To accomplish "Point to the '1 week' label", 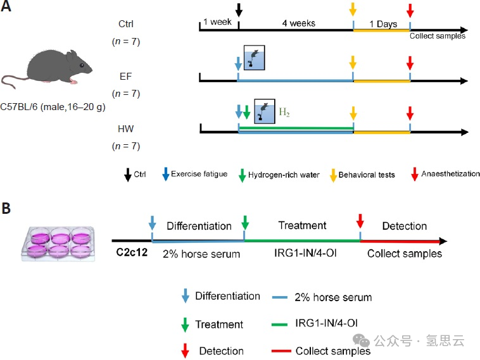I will (x=216, y=23).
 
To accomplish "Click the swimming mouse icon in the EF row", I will (x=253, y=58).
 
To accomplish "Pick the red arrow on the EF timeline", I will (x=410, y=63).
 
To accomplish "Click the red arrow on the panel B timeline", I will (x=360, y=221).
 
